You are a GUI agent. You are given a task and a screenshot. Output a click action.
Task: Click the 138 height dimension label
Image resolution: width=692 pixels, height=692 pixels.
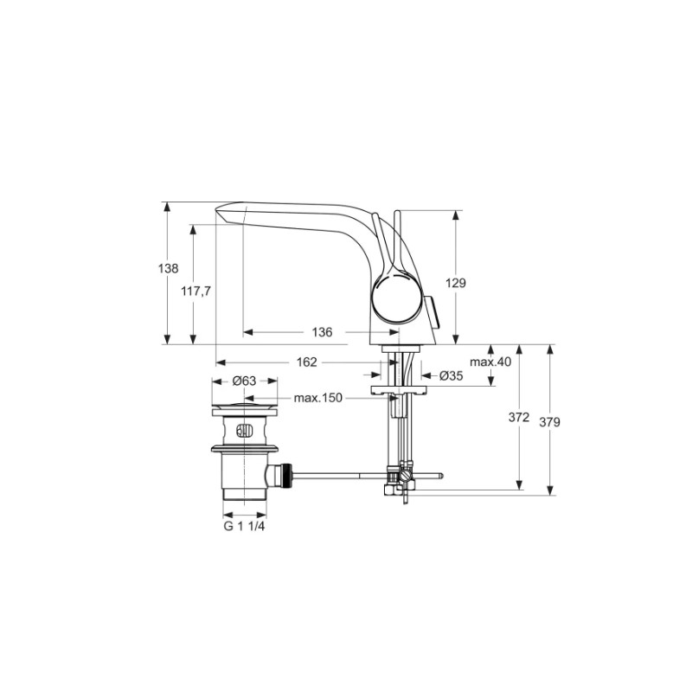(x=168, y=268)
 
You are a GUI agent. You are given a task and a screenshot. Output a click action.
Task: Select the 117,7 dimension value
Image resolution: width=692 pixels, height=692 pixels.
(x=196, y=291)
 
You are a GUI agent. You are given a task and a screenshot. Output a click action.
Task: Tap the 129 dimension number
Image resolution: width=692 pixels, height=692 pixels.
(x=456, y=283)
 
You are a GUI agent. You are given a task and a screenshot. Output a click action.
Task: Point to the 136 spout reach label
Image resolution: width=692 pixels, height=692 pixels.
(x=322, y=332)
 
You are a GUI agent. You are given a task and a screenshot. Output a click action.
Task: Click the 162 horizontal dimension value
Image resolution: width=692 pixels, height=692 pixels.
(x=307, y=362)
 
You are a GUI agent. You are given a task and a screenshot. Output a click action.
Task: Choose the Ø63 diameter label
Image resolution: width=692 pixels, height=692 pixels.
(x=244, y=381)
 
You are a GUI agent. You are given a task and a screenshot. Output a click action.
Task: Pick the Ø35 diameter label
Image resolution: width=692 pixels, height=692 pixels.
(x=451, y=375)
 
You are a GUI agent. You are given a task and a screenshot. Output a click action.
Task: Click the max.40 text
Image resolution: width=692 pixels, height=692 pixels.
(x=490, y=362)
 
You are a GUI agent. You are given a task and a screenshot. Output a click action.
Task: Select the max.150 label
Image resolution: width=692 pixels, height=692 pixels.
(x=318, y=398)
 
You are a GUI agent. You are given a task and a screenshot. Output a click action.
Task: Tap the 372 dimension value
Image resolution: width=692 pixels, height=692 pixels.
(x=518, y=417)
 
